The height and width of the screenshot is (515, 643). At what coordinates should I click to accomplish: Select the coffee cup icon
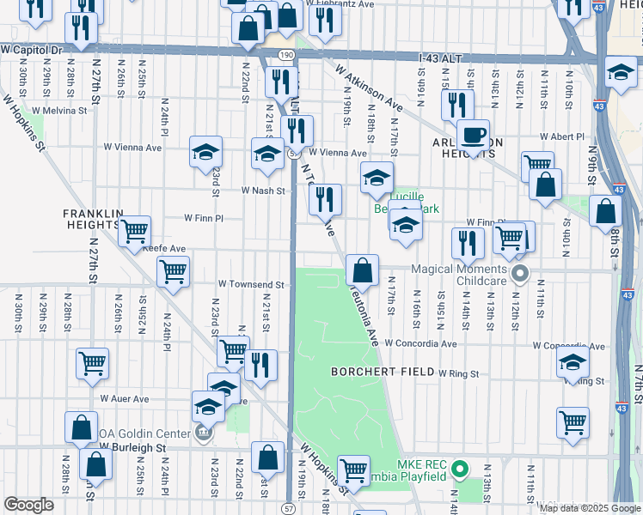pyautogui.click(x=473, y=136)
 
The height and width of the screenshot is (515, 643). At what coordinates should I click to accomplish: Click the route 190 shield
pyautogui.click(x=285, y=54)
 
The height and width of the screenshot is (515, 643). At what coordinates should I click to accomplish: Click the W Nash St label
pyautogui.click(x=262, y=191)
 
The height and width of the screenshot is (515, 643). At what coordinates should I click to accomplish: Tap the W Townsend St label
pyautogui.click(x=250, y=284)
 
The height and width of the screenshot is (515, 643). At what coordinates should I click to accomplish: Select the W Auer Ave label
pyautogui.click(x=124, y=399)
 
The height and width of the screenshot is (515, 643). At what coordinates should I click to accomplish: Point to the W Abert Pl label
pyautogui.click(x=562, y=136)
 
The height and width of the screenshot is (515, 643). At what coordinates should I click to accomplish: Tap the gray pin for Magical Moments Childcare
pyautogui.click(x=518, y=275)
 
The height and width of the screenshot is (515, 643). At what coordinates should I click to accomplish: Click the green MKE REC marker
pyautogui.click(x=459, y=470)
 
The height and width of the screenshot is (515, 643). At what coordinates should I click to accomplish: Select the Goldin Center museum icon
pyautogui.click(x=204, y=433)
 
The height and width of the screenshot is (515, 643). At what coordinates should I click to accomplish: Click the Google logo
pyautogui.click(x=28, y=505)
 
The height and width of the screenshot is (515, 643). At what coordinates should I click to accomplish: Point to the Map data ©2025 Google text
pyautogui.click(x=589, y=508)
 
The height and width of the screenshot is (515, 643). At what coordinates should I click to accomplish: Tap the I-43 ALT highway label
pyautogui.click(x=440, y=58)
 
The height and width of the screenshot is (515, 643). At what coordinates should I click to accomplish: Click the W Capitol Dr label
pyautogui.click(x=33, y=51)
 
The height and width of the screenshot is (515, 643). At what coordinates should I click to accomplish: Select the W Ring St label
pyautogui.click(x=458, y=374)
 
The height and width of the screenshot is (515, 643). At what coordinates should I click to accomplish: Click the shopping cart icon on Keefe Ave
pyautogui.click(x=134, y=232)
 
